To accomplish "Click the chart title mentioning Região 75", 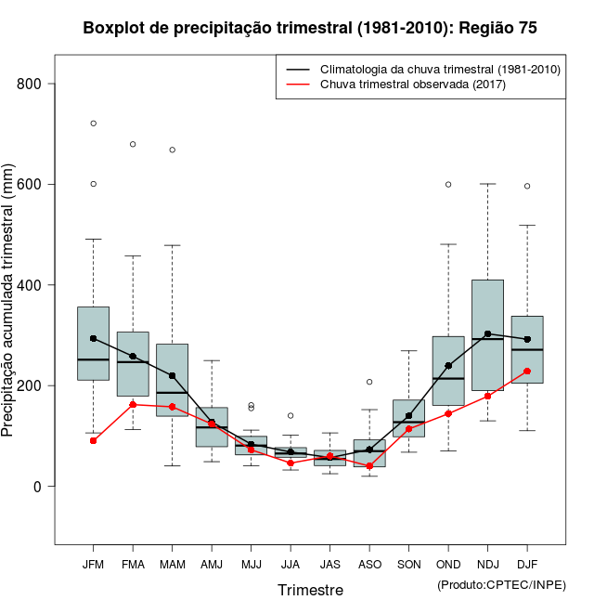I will [310, 28].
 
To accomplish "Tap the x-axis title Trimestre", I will [310, 590].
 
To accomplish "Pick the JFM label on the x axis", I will [93, 565].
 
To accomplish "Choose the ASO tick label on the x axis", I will [369, 565].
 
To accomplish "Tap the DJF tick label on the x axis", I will [527, 565].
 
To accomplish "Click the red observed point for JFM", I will [93, 440].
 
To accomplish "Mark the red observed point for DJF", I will [527, 371].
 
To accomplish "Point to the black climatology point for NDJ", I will [487, 333].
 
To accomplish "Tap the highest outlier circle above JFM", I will [93, 123].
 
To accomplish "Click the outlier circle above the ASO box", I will [369, 382].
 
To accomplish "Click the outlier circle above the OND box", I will [448, 184].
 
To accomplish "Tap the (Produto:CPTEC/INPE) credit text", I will [500, 583].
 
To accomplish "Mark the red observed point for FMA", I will [133, 404].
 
